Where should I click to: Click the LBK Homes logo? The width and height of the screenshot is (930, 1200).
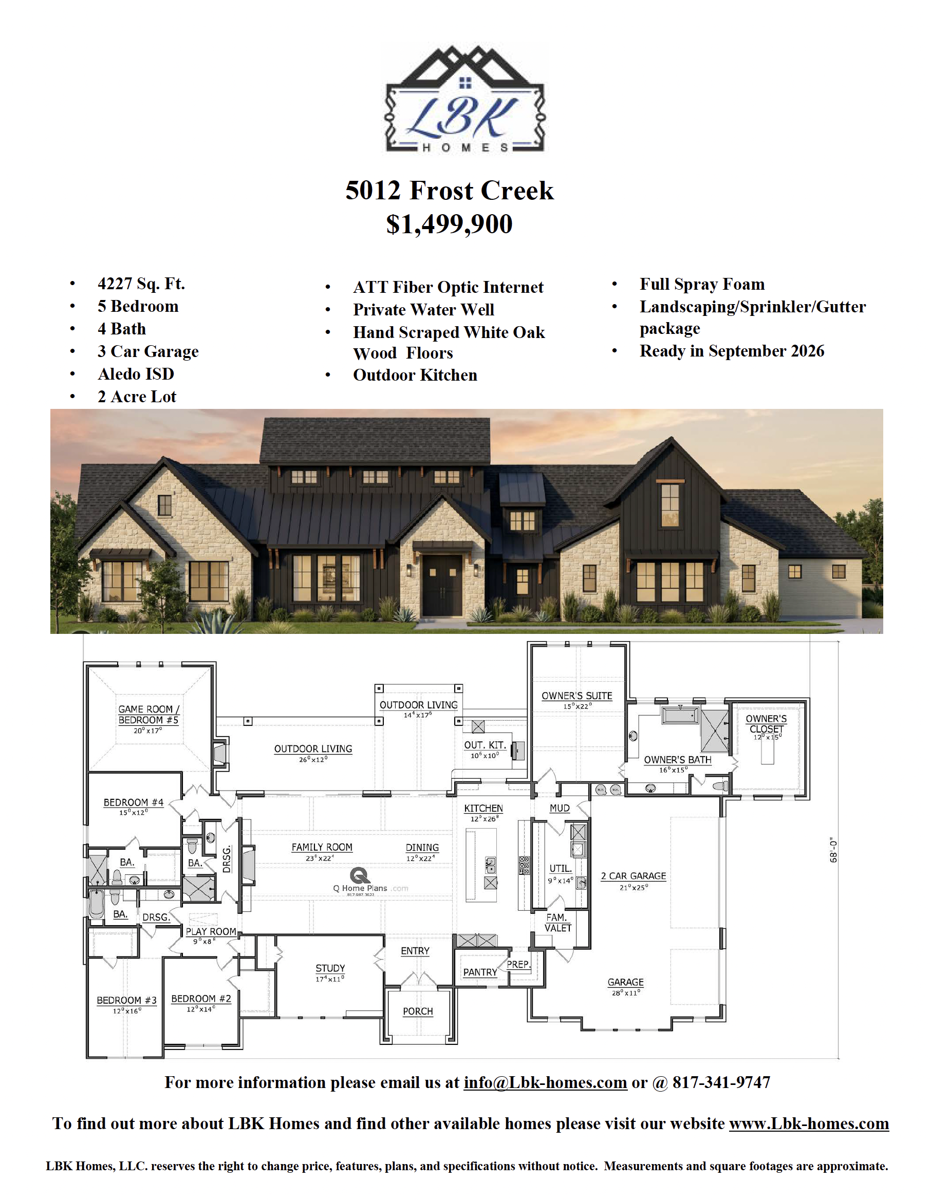[465, 99]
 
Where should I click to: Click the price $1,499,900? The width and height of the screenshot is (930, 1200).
[449, 224]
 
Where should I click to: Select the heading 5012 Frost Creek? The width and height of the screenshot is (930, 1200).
[450, 191]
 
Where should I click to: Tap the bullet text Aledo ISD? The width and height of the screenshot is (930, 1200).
[136, 374]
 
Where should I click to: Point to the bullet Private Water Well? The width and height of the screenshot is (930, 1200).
[423, 310]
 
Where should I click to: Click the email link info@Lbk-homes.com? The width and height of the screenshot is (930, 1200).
[545, 1082]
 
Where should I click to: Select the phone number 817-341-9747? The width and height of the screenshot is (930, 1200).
[721, 1082]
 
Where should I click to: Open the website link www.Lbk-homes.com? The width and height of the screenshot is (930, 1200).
[809, 1123]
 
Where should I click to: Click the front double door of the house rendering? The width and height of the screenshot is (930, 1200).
[442, 585]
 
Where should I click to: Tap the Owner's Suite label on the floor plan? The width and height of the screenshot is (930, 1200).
[576, 696]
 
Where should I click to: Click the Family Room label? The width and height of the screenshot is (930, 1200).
[322, 847]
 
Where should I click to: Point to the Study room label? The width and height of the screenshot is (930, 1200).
[330, 968]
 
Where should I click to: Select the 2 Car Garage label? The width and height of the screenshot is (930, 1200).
[633, 876]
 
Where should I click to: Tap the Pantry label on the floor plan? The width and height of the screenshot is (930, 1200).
[480, 972]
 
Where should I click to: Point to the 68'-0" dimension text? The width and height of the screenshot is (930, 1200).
[833, 851]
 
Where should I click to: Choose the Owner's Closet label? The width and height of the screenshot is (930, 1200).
[766, 724]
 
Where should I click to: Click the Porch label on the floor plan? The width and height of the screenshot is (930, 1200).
[418, 1011]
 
